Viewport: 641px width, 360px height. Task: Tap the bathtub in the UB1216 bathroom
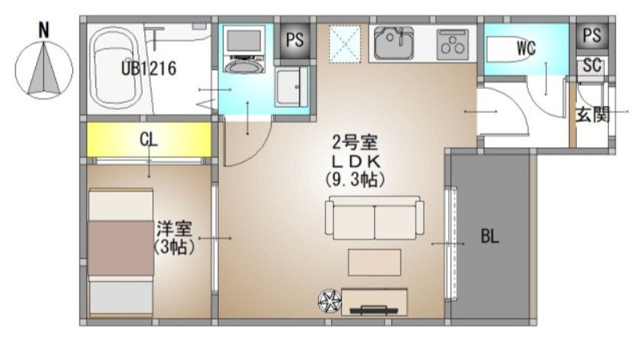point(114,68)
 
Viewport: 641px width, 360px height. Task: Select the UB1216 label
point(149,68)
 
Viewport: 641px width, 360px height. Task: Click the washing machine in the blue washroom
point(244,49)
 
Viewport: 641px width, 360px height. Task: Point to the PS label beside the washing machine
point(295,39)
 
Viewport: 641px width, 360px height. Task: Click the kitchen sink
point(393,43)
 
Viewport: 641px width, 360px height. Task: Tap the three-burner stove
point(453,44)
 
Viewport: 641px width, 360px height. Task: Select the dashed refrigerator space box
point(345,44)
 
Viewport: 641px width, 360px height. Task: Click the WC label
point(526,48)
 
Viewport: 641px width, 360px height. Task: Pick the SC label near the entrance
point(592,65)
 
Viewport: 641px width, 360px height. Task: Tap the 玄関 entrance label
point(593,115)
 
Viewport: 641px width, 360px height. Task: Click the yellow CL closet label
point(148,140)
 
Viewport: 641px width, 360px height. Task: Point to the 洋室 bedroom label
point(174,229)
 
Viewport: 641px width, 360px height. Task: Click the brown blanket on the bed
point(121,249)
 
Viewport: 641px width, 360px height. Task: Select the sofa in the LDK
point(374,217)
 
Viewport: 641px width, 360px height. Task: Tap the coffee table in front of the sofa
point(374,262)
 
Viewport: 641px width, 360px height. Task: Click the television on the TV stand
point(373,309)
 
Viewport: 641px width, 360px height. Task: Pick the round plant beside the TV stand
point(329,301)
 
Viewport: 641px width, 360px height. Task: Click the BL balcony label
point(490,236)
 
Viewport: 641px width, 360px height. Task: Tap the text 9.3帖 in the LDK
point(355,180)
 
